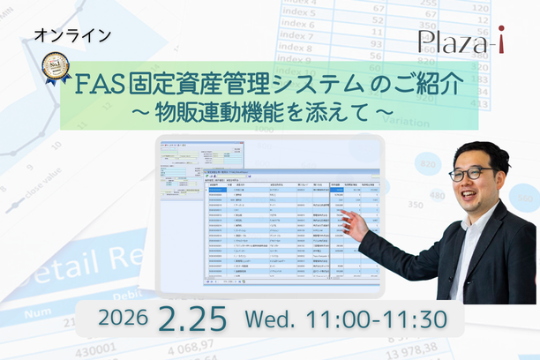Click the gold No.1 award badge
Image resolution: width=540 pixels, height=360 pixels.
point(57,68)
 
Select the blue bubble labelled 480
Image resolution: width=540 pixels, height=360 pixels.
point(431,164)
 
